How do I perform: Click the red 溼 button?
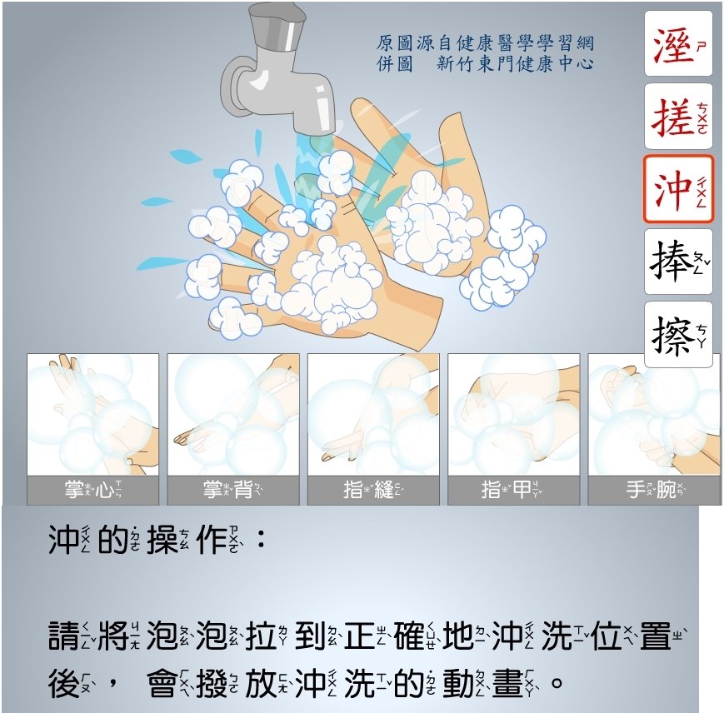[x=678, y=44]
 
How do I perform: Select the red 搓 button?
[x=678, y=117]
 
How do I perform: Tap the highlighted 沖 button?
[x=678, y=189]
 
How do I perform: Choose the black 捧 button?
[x=678, y=262]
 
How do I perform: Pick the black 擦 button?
[x=678, y=335]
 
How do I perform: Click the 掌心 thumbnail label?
[x=92, y=490]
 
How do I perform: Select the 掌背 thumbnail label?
[x=233, y=490]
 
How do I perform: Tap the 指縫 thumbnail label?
[x=373, y=490]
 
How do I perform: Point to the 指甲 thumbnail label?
[x=513, y=490]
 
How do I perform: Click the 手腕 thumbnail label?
[x=654, y=490]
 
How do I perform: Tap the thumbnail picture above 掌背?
[x=233, y=415]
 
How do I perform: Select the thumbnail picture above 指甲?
[x=513, y=415]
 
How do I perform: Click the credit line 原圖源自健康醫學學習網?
[x=485, y=43]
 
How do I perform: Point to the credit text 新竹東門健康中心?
[x=515, y=63]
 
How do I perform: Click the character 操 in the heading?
[x=162, y=540]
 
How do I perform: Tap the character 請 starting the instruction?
[x=63, y=636]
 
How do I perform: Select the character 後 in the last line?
[x=63, y=684]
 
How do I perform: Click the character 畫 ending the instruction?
[x=507, y=684]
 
